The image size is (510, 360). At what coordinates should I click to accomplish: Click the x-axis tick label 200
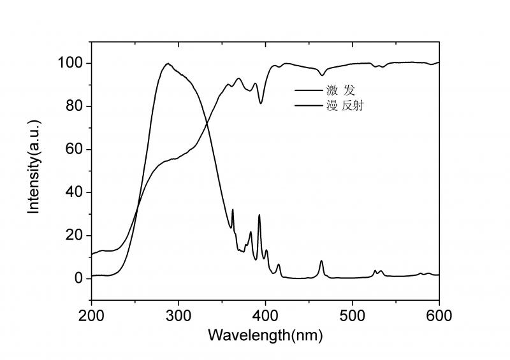[91, 315]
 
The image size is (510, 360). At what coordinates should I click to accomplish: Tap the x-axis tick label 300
[178, 315]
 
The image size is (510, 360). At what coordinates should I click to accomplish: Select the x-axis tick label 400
[265, 315]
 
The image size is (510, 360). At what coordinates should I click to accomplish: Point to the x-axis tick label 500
[353, 315]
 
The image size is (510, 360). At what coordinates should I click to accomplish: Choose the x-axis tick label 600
[439, 315]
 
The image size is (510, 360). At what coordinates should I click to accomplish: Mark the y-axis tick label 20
[75, 236]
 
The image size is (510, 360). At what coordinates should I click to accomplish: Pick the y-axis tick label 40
[75, 192]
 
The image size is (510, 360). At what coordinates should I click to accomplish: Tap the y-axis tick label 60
[75, 150]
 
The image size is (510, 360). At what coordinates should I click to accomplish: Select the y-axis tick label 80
[75, 106]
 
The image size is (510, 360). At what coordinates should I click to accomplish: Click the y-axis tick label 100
[71, 63]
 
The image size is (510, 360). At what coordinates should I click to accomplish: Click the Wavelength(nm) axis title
[265, 335]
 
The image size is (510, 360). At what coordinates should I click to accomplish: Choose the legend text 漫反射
[349, 106]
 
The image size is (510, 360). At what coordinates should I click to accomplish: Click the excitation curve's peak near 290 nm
[168, 64]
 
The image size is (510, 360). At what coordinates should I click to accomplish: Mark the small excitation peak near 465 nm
[321, 261]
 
